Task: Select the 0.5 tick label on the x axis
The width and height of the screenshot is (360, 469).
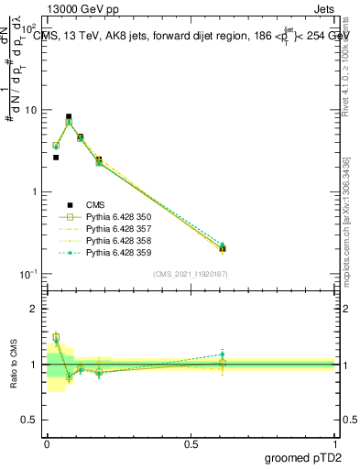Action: click(191, 443)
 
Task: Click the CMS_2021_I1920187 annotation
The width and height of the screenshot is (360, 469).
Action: click(191, 274)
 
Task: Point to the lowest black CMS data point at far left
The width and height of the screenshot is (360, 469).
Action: click(56, 158)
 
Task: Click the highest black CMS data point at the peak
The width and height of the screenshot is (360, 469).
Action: click(69, 117)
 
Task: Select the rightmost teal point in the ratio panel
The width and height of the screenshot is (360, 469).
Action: click(222, 354)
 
